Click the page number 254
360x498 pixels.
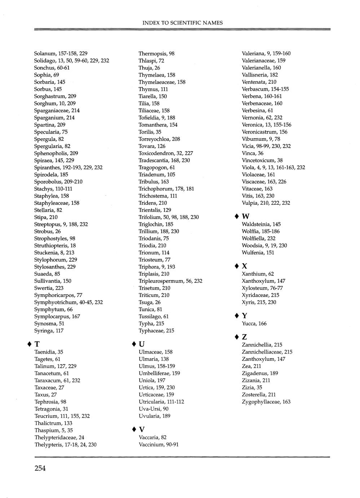40,468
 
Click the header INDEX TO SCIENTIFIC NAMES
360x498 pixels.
183,23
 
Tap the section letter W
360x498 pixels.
246,217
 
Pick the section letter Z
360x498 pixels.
245,337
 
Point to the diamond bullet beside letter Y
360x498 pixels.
237,316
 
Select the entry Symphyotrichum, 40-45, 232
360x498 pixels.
68,302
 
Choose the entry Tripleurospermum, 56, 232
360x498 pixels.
170,281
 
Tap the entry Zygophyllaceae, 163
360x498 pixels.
266,402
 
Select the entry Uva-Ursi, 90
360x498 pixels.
153,409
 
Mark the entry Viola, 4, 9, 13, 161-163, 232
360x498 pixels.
273,167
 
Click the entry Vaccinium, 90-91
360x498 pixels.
158,445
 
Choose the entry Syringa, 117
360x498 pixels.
49,331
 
